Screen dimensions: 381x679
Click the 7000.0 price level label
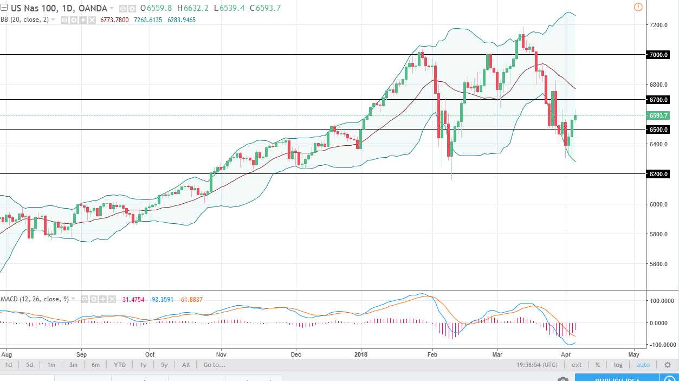pyautogui.click(x=658, y=55)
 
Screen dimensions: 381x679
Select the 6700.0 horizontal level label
pyautogui.click(x=658, y=100)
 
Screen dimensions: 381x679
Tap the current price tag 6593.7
pyautogui.click(x=658, y=115)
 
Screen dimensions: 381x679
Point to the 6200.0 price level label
pyautogui.click(x=658, y=174)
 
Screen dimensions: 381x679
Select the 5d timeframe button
pyautogui.click(x=29, y=365)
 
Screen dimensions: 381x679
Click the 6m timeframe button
pyautogui.click(x=95, y=365)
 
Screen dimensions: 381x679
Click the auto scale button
pyautogui.click(x=643, y=365)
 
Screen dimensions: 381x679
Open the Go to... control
pyautogui.click(x=215, y=365)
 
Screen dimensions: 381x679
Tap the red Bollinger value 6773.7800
pyautogui.click(x=115, y=20)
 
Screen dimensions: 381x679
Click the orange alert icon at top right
pyautogui.click(x=638, y=7)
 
